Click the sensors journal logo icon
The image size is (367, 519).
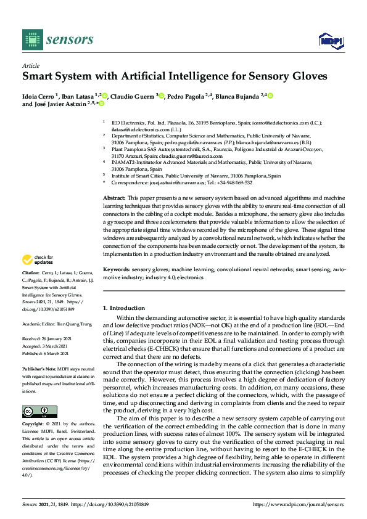click(x=30, y=39)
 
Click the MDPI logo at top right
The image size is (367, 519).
click(x=330, y=41)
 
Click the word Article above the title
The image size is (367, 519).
click(x=30, y=65)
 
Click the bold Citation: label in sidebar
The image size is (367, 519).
click(x=31, y=289)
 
